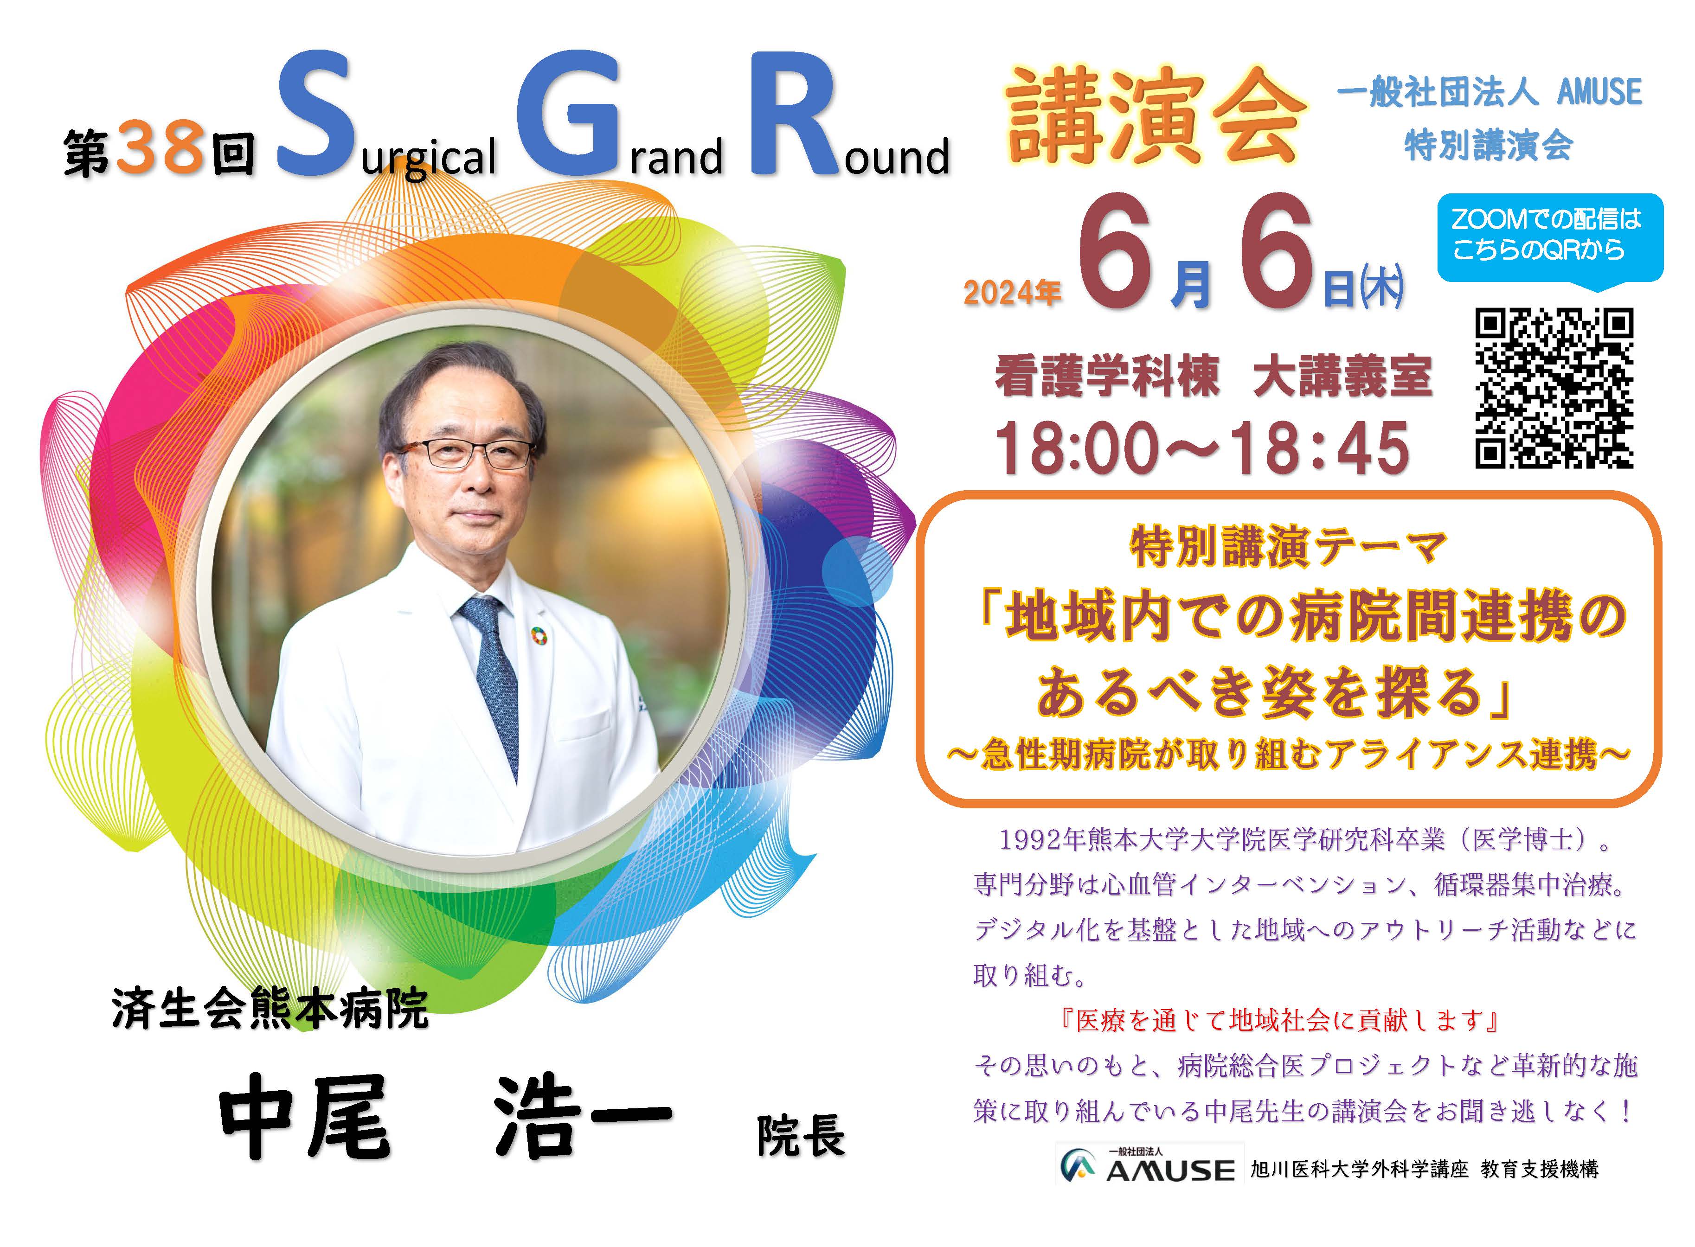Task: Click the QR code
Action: click(x=1554, y=388)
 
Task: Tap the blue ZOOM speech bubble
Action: click(x=1549, y=240)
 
